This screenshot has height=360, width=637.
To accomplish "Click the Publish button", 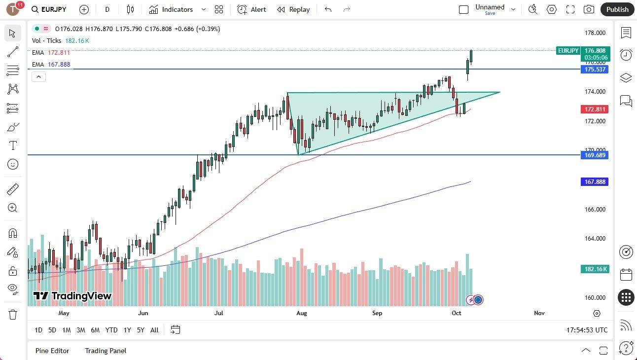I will [617, 9].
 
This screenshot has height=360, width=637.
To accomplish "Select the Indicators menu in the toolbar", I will [177, 9].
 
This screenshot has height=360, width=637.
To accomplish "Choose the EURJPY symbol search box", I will [49, 9].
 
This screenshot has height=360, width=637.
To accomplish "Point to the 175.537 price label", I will [596, 70].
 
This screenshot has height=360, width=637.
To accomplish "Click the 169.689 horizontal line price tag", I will [596, 155].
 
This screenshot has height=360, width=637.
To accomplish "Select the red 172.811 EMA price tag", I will [596, 109].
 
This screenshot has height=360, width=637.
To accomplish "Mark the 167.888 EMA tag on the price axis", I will [596, 182].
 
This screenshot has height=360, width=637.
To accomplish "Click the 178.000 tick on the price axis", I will [595, 33].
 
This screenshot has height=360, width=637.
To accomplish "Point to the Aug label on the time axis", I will [302, 313].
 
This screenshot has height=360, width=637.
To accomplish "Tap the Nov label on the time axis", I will [539, 313].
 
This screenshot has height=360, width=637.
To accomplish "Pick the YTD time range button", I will [111, 330].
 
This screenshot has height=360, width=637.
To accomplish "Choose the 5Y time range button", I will [141, 330].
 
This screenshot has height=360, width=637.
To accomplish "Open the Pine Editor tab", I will [52, 351].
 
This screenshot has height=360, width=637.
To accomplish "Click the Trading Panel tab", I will [106, 351].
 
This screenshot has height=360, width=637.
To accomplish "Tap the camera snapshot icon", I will [589, 9].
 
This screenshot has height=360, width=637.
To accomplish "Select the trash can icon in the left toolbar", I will [13, 315].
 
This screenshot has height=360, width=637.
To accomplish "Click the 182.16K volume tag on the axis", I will [596, 269].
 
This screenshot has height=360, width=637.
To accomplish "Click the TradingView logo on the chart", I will [72, 296].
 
